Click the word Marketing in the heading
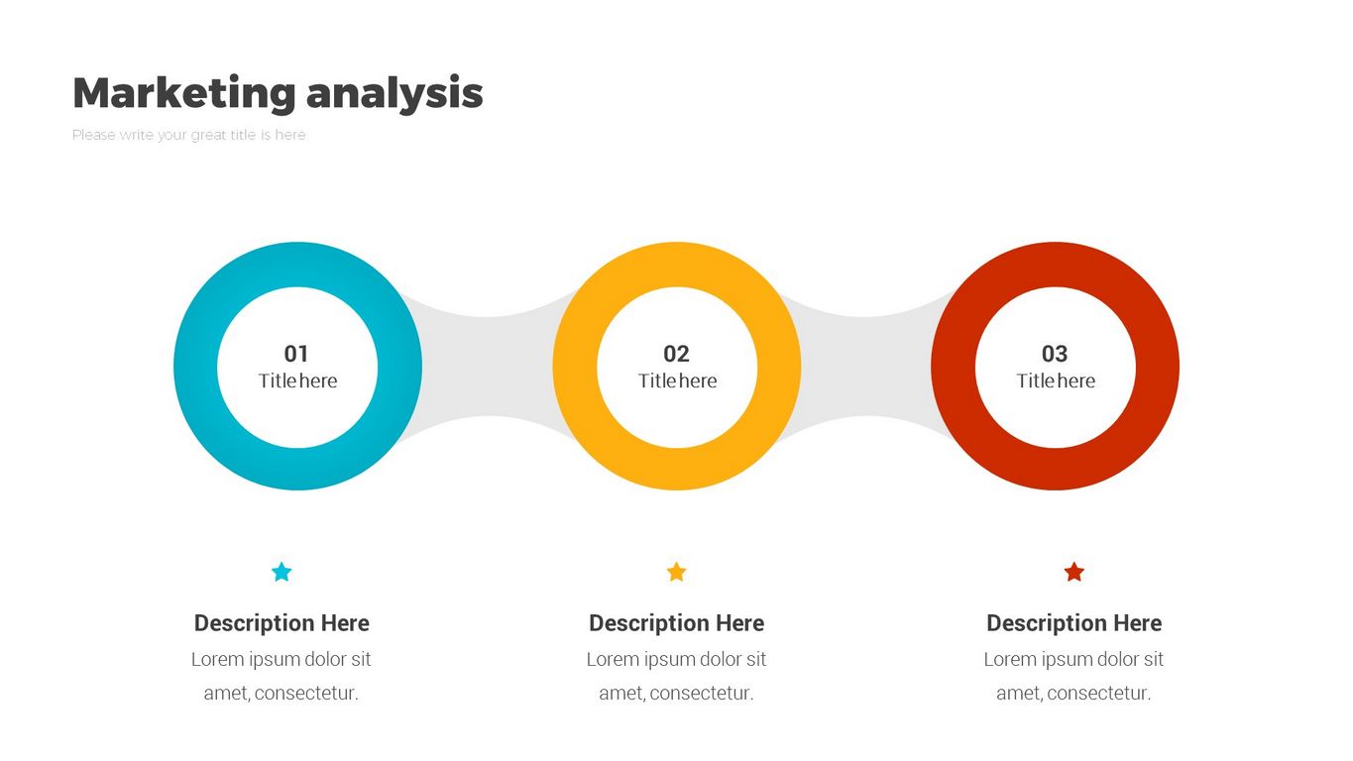[x=184, y=92]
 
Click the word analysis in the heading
[x=395, y=94]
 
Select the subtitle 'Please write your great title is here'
[x=188, y=135]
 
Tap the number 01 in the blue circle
[x=296, y=354]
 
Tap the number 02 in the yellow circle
[x=676, y=354]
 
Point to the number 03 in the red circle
[x=1055, y=354]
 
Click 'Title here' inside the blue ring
[x=297, y=380]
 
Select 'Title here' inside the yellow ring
[x=677, y=380]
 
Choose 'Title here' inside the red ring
[x=1056, y=380]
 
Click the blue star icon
[x=282, y=572]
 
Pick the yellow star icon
[x=676, y=572]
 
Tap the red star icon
[x=1073, y=572]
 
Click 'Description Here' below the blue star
[x=282, y=622]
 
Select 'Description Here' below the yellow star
[x=676, y=622]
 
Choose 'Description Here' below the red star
[x=1073, y=622]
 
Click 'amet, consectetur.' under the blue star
[x=281, y=693]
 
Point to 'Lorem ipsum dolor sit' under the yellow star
[x=676, y=660]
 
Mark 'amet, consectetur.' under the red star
[x=1073, y=693]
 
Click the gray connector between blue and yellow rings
[x=487, y=367]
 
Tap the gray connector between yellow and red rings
[x=865, y=367]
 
